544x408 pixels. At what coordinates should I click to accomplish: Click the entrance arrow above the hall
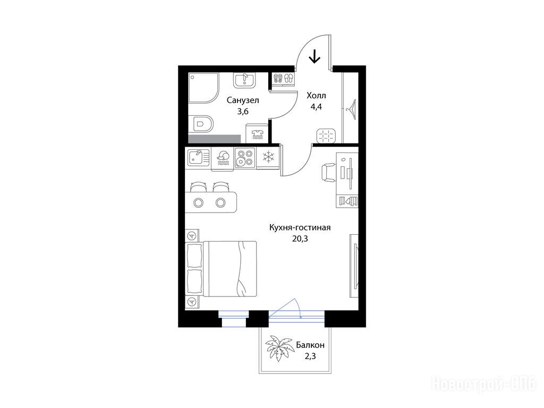[x=314, y=56]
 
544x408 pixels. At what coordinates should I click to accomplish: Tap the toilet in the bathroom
[x=201, y=124]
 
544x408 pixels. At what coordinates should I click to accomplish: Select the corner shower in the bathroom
[x=204, y=88]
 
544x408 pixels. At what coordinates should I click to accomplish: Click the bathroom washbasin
[x=244, y=80]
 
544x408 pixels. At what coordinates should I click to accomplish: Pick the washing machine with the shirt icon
[x=257, y=133]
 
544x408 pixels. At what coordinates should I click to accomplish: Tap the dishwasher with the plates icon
[x=223, y=159]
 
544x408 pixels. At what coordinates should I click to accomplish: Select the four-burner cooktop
[x=245, y=158]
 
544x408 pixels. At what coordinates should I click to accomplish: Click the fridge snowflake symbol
[x=268, y=157]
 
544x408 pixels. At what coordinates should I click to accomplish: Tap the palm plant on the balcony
[x=278, y=348]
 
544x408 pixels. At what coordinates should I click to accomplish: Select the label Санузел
[x=243, y=100]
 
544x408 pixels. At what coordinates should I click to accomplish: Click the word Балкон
[x=310, y=345]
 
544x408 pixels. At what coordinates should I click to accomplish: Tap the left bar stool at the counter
[x=198, y=187]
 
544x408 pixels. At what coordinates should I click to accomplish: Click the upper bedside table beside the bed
[x=192, y=236]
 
